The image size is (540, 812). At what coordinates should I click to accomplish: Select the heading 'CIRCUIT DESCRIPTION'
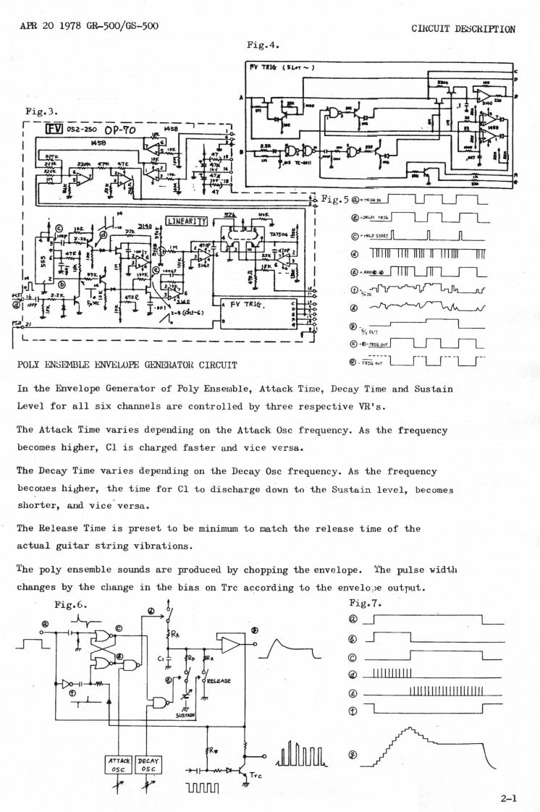click(463, 30)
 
